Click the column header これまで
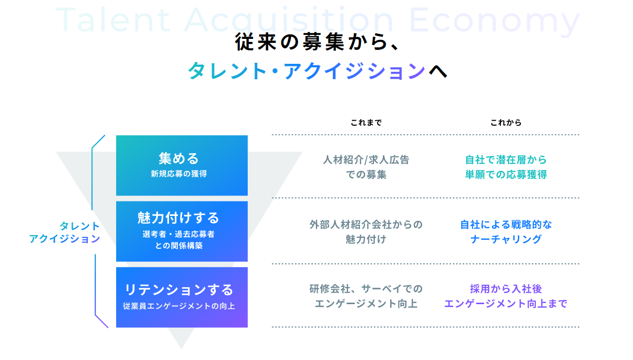coord(366,123)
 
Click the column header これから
coord(506,123)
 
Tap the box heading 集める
coord(179,159)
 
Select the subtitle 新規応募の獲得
coord(179,174)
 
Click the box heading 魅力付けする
coord(179,218)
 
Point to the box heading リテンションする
coord(179,290)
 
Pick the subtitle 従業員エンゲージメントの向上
coord(179,306)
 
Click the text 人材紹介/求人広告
coord(366,160)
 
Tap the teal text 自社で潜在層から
coord(506,160)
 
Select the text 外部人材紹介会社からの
coord(366,224)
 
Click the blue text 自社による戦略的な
coord(506,224)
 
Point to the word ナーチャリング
coord(506,239)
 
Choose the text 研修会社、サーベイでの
coord(366,289)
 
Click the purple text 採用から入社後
coord(506,289)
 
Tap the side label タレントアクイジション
coord(65,232)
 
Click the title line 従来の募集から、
coord(316,43)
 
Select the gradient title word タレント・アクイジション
coord(307,71)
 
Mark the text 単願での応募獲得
coord(506,175)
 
